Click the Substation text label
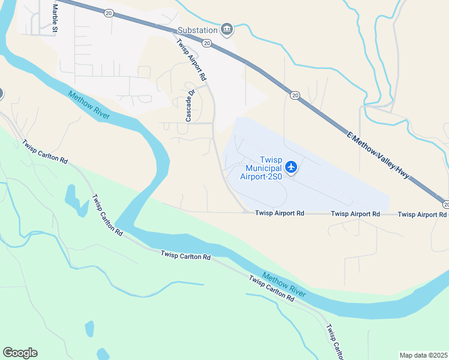(196, 30)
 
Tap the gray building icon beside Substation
(227, 29)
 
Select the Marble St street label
(55, 18)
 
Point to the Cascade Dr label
(190, 106)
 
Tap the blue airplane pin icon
(291, 167)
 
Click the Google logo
(20, 353)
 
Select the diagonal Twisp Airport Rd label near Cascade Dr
(191, 60)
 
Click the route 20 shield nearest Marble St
(107, 12)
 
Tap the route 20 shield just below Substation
(206, 43)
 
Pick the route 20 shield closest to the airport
(295, 95)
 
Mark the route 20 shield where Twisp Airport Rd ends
(445, 203)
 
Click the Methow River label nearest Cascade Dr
(89, 105)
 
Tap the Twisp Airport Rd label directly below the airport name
(279, 214)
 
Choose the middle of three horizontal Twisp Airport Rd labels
(355, 214)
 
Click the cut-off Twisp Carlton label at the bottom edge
(334, 343)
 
